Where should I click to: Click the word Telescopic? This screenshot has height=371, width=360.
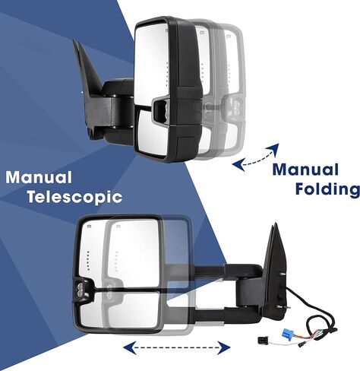click(74, 198)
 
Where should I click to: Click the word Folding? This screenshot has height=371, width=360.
click(327, 189)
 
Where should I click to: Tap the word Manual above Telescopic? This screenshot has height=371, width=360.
click(39, 177)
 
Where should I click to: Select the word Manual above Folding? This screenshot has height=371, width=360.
click(305, 170)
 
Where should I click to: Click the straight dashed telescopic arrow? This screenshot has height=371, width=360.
click(176, 347)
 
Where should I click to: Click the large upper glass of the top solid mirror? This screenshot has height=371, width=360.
click(151, 65)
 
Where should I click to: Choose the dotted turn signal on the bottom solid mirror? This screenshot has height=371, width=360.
click(88, 261)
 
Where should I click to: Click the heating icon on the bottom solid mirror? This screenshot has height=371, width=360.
click(89, 226)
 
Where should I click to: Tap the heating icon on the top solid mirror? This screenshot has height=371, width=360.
click(167, 31)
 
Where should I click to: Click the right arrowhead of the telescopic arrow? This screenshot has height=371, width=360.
click(225, 347)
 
